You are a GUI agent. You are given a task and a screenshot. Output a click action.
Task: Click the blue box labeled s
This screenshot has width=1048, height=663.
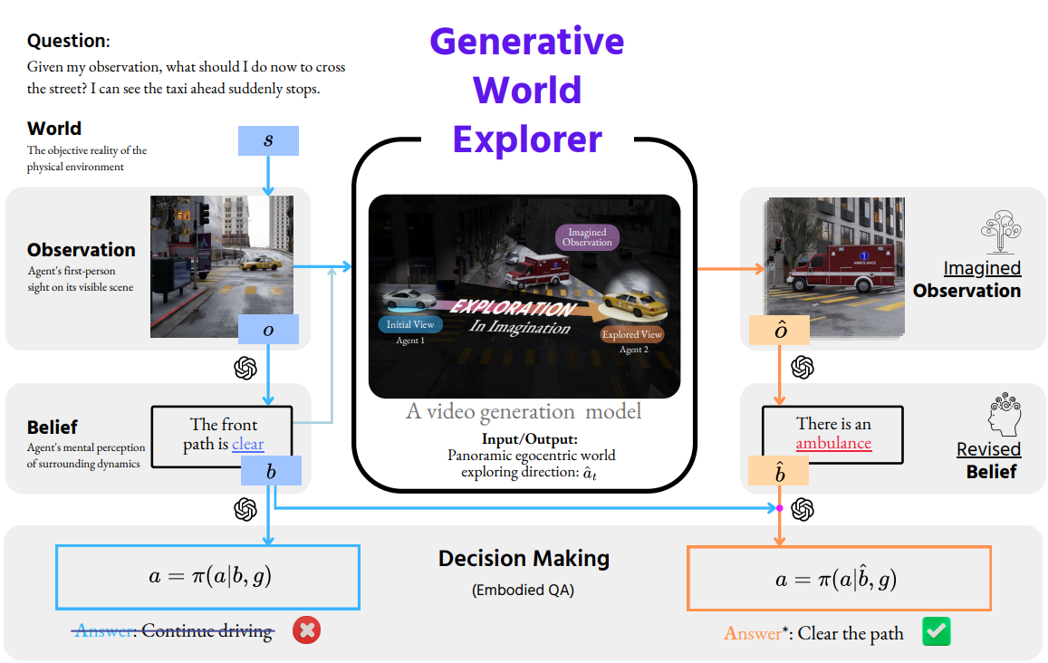[268, 140]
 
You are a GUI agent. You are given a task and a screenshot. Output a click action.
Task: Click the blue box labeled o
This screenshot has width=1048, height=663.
[268, 331]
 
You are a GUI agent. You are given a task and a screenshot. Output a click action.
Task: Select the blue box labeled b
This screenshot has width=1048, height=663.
[271, 471]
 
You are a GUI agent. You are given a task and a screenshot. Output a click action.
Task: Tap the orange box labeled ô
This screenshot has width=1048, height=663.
[781, 331]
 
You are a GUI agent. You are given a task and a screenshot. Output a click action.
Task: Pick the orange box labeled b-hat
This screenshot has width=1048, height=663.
[780, 471]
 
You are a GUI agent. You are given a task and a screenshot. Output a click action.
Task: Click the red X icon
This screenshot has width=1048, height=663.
[307, 630]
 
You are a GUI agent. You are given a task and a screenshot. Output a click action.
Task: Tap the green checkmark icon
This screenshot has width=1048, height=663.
[936, 631]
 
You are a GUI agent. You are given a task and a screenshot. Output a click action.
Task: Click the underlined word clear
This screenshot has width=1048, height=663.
[248, 444]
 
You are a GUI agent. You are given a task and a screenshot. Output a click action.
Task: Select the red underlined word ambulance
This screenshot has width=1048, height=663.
[833, 443]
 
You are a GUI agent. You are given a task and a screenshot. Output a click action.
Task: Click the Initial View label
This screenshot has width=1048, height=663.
[411, 324]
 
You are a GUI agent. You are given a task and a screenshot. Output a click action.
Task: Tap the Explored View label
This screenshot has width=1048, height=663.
[632, 334]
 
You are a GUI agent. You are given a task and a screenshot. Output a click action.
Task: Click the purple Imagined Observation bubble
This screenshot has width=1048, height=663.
[587, 236]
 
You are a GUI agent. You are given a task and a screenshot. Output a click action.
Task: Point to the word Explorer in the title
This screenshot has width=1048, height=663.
[527, 139]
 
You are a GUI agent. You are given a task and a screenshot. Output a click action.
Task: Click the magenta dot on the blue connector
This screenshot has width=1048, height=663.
[779, 507]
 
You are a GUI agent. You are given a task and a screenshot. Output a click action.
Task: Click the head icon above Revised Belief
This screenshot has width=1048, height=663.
[1003, 414]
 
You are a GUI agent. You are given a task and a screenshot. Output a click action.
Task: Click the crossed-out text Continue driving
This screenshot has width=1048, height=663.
[207, 631]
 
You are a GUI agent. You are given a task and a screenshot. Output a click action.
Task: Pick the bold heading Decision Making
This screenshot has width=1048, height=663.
[524, 559]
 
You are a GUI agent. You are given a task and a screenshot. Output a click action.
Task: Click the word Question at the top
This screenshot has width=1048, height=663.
[67, 41]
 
